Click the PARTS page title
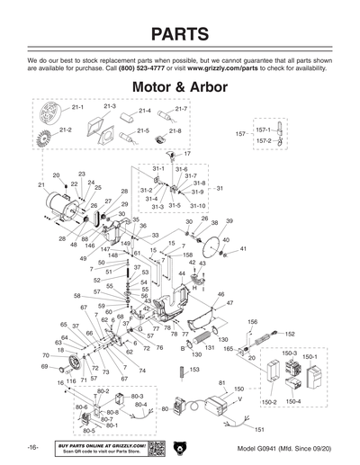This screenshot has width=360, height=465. click(180, 33)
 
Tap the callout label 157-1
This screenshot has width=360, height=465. click(263, 129)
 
